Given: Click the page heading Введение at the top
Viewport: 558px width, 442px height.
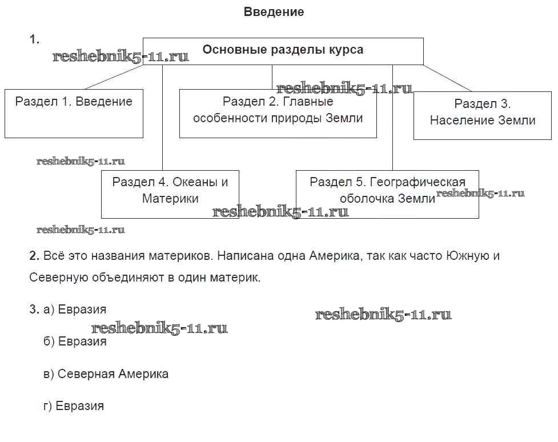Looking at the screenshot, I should tap(274, 12).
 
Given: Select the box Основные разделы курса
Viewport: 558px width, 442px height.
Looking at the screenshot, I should tap(283, 50).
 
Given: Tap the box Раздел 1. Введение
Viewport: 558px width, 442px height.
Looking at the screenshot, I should tap(74, 113).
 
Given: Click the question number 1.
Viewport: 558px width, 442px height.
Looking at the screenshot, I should tap(34, 39).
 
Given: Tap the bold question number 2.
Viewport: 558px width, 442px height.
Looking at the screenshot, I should tap(34, 256).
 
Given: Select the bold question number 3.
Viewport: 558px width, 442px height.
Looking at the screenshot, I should tap(34, 310).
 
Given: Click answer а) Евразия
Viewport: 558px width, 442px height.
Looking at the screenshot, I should tap(75, 310).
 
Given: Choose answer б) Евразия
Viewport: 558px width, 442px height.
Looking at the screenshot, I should tap(75, 342).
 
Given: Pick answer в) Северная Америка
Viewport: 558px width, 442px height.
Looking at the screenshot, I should tap(106, 375).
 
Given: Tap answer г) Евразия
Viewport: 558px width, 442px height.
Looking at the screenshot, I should tap(74, 407).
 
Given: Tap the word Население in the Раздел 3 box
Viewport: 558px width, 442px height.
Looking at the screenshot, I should tap(456, 120).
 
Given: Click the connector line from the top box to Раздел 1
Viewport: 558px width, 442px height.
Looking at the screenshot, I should tap(114, 77).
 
